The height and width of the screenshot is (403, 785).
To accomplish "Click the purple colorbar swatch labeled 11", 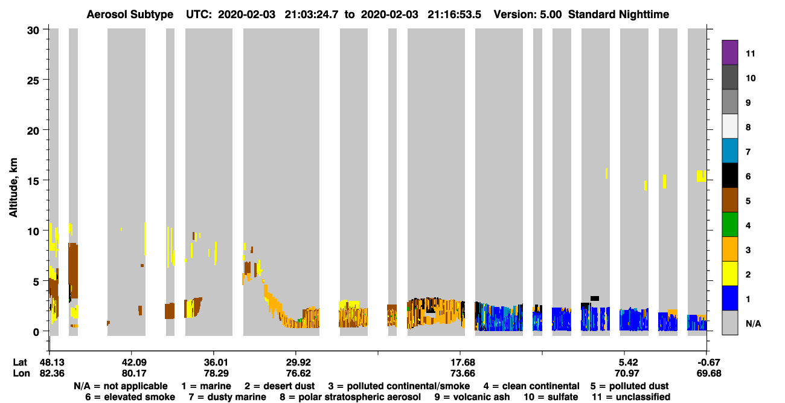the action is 729,53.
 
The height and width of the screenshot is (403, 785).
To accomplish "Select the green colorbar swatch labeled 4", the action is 729,225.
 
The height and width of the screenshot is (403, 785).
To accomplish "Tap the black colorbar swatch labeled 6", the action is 729,175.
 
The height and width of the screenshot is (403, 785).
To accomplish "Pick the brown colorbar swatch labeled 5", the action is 729,200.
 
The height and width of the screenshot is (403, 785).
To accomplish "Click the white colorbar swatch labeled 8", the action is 729,126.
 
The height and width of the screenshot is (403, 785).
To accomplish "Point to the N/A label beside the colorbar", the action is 753,323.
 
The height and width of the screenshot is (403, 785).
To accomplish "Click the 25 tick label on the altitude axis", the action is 33,81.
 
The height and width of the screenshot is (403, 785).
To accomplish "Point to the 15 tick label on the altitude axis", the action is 33,181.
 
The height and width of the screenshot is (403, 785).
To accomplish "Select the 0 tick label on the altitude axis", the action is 36,332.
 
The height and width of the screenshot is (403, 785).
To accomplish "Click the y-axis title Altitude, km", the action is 13,188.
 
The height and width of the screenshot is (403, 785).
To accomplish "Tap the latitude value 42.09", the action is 134,363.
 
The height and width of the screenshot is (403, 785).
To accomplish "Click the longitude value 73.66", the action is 463,373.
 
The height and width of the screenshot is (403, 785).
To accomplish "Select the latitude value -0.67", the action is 708,363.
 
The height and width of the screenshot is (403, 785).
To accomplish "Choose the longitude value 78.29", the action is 216,373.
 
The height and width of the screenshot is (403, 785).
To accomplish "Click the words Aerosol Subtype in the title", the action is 130,15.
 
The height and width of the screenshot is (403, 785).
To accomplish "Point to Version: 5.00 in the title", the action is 528,15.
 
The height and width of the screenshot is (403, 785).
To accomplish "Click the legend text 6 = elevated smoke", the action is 130,397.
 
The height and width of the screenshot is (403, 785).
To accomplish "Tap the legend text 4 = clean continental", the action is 531,386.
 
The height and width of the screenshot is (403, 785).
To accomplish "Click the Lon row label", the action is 21,373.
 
